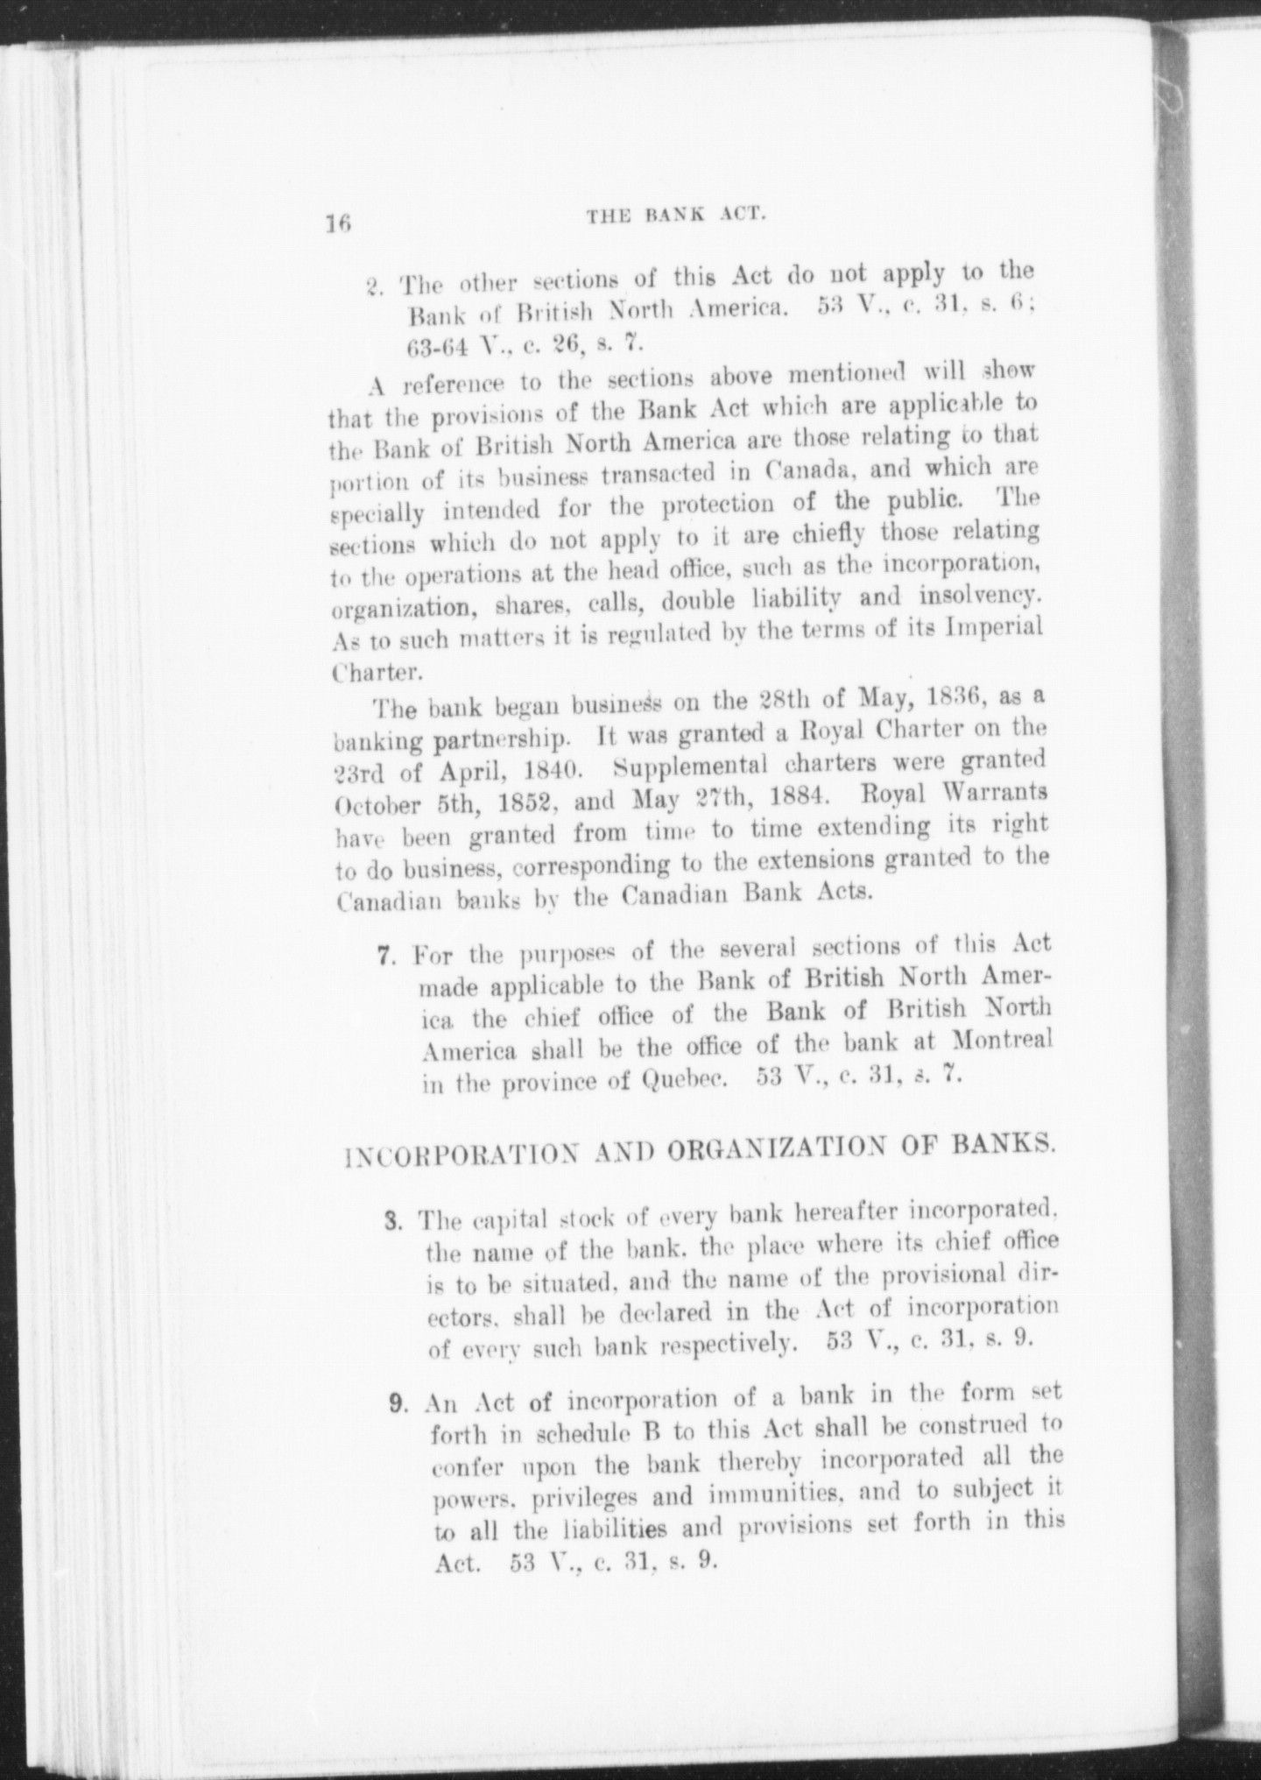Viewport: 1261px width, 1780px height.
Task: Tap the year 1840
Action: (535, 771)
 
